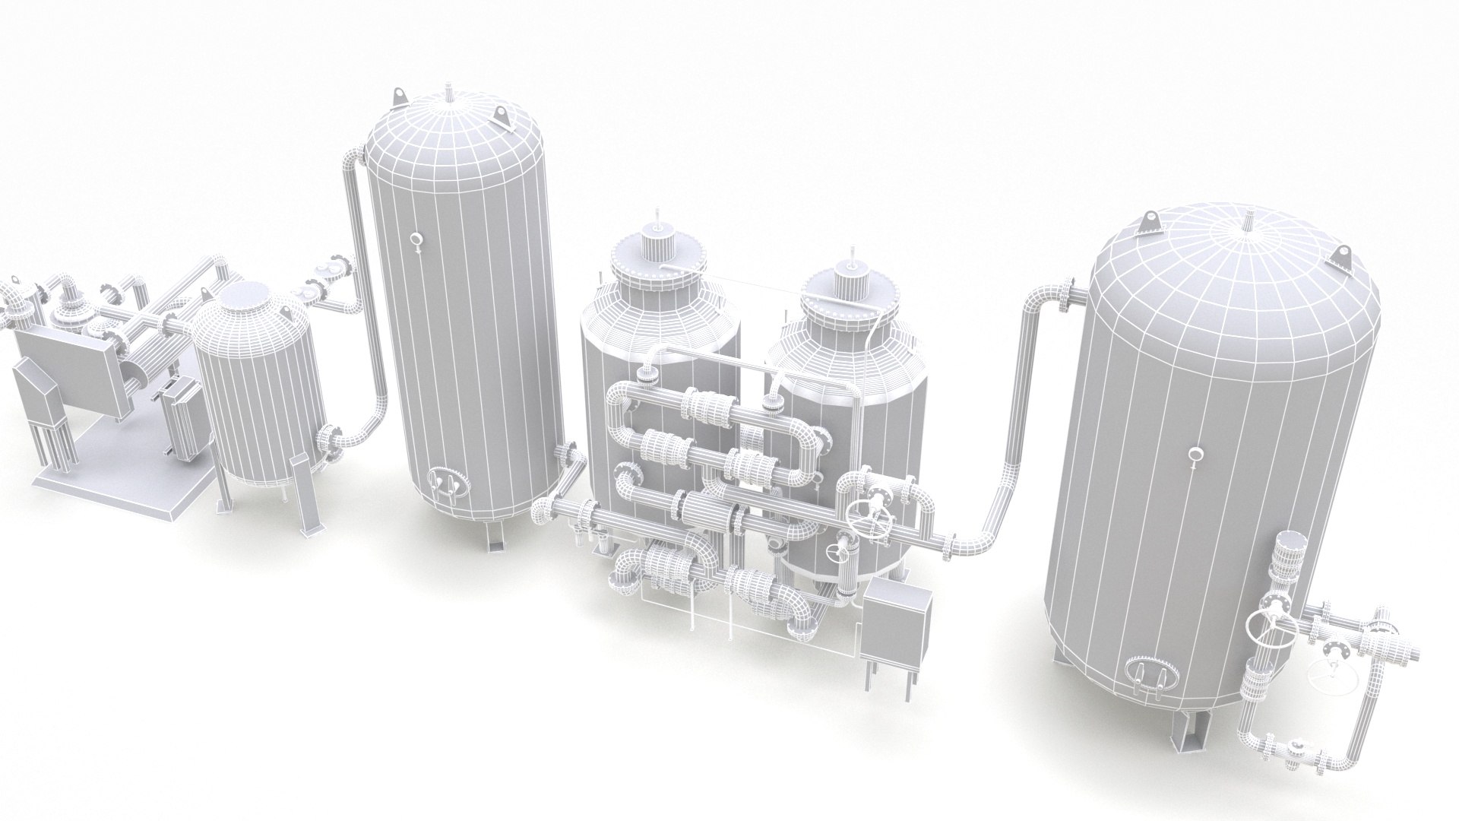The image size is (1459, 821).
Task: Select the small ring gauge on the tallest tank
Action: [416, 241]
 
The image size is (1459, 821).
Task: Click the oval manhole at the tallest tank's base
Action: [445, 481]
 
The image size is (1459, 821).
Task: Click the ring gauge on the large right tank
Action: [1196, 455]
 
